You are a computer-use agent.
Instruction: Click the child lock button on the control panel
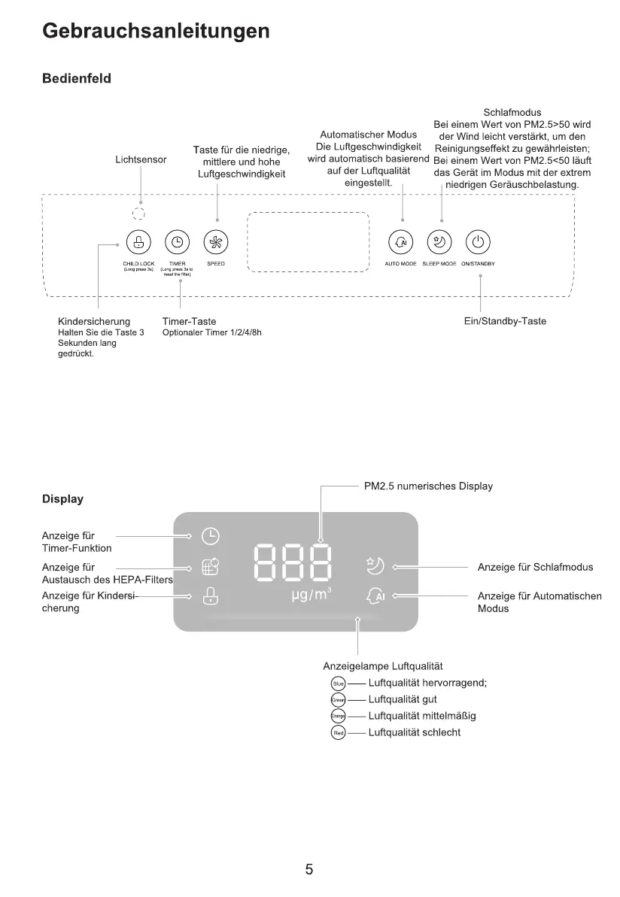click(x=138, y=241)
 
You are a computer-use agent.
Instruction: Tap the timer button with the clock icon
click(x=177, y=241)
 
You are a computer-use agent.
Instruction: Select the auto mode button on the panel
click(x=400, y=241)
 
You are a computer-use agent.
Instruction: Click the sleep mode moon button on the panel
click(x=439, y=241)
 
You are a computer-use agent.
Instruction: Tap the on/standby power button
click(x=479, y=241)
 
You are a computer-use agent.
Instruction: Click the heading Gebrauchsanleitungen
click(x=156, y=31)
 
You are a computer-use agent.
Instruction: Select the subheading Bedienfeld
click(x=77, y=79)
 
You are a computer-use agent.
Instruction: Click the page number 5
click(x=309, y=870)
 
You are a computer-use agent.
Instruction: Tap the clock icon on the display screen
click(x=211, y=536)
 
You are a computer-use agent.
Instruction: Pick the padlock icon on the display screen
click(x=211, y=596)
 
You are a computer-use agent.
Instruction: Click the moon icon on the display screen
click(x=375, y=565)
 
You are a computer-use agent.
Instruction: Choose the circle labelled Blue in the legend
click(x=338, y=683)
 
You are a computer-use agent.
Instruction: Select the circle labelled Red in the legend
click(x=338, y=732)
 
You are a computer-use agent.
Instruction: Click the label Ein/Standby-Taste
click(x=506, y=321)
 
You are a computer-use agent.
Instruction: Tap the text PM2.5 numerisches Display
click(x=428, y=486)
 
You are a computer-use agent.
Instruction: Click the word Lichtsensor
click(x=141, y=159)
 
